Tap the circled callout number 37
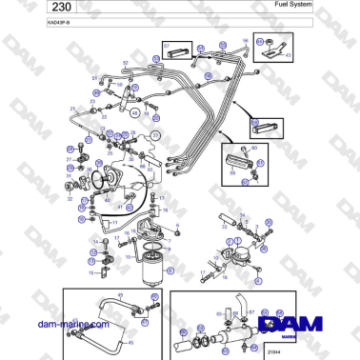point(156,135)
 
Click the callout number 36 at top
point(245,40)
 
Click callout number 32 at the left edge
point(70,199)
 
